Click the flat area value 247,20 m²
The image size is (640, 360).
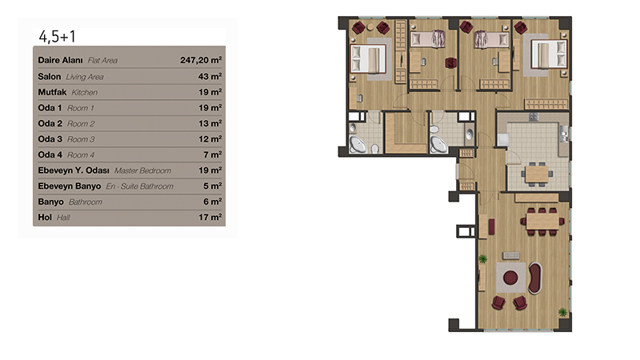[201, 60]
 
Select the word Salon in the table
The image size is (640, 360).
[50, 76]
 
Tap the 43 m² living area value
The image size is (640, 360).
[210, 76]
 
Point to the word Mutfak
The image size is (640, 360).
[52, 92]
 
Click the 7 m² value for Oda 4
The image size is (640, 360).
[213, 154]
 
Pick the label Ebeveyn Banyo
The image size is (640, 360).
[70, 186]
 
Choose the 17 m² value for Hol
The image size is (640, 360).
[210, 217]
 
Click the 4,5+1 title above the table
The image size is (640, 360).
[57, 37]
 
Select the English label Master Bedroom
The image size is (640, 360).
[143, 170]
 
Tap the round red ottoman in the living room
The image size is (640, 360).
[510, 278]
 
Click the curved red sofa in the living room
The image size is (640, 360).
[535, 278]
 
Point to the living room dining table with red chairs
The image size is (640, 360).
[542, 222]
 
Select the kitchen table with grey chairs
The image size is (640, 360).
[537, 174]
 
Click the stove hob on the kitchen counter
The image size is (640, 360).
[534, 118]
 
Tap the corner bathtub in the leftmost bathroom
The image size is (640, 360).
[358, 145]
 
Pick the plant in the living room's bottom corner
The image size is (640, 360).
[563, 313]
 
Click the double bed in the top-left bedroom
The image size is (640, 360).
[368, 59]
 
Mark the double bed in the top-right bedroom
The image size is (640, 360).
[549, 54]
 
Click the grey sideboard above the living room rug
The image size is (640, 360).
[511, 255]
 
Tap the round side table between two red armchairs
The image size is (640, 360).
[370, 27]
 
